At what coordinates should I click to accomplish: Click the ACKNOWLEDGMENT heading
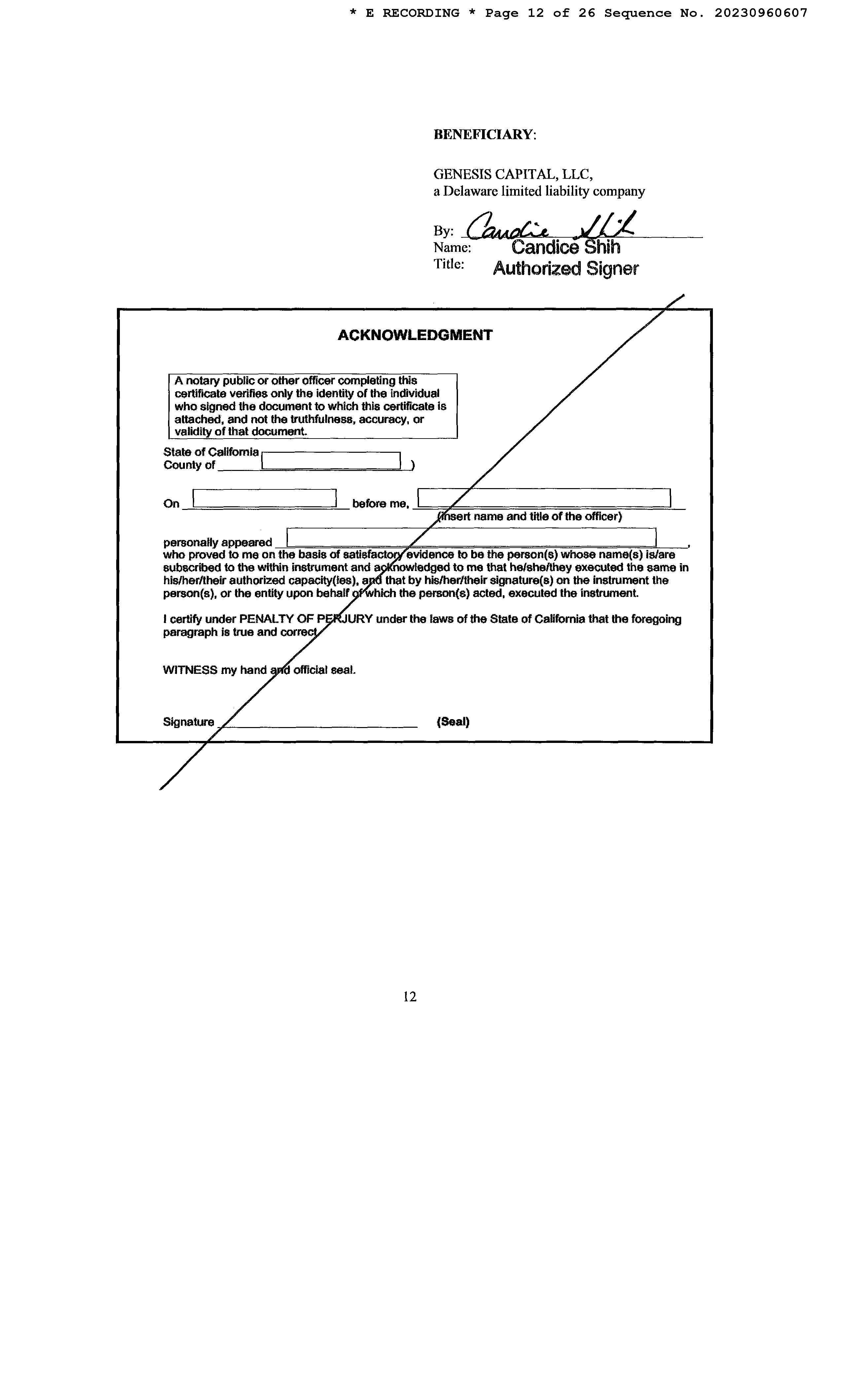pyautogui.click(x=415, y=335)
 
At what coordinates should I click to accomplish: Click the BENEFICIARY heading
pyautogui.click(x=484, y=135)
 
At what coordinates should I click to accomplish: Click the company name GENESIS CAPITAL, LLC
pyautogui.click(x=512, y=174)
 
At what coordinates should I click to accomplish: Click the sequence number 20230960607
pyautogui.click(x=760, y=13)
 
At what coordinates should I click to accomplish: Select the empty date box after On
pyautogui.click(x=264, y=498)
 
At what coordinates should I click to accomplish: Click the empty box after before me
pyautogui.click(x=544, y=498)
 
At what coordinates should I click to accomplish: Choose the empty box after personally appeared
pyautogui.click(x=471, y=537)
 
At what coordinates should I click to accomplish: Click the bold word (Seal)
pyautogui.click(x=452, y=722)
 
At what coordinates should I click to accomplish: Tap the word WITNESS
pyautogui.click(x=190, y=670)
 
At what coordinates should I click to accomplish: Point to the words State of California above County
pyautogui.click(x=211, y=452)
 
